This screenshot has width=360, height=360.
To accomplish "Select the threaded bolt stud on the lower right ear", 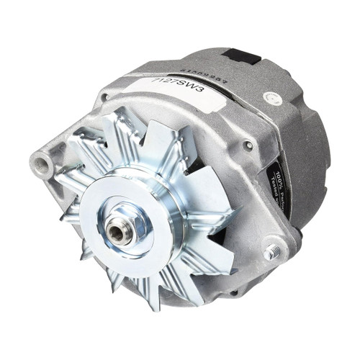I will [x=272, y=251].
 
